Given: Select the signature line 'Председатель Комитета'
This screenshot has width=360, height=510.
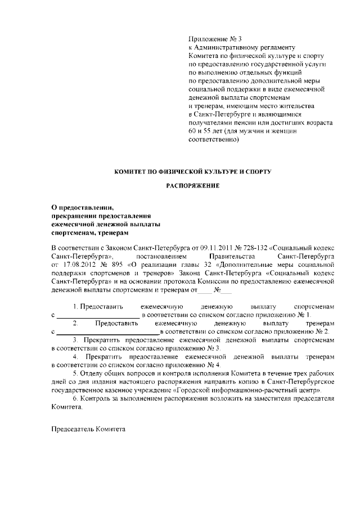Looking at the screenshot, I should click(x=88, y=428).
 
